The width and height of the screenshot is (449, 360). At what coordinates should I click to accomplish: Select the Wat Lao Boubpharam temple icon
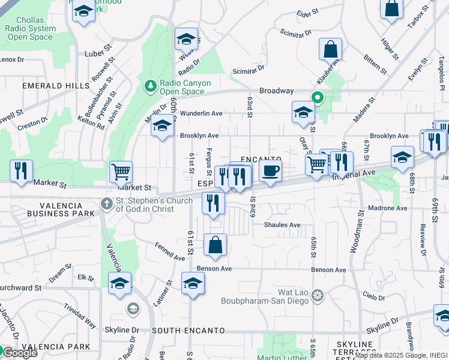click(x=318, y=295)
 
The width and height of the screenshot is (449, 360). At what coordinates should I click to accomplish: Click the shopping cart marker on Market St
click(x=121, y=172)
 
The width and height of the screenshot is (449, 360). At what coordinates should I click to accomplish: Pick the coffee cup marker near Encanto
click(x=270, y=170)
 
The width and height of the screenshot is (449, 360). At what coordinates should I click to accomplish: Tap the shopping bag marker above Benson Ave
click(x=214, y=245)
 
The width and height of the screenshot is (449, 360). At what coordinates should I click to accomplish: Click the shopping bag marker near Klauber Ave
click(x=330, y=50)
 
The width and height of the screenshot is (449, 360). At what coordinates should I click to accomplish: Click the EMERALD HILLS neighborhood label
click(x=55, y=86)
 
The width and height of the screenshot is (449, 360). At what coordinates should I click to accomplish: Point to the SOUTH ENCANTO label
click(x=188, y=331)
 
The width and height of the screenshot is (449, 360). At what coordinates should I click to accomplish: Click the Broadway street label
click(x=276, y=91)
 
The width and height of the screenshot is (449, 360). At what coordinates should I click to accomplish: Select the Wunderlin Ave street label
click(x=201, y=113)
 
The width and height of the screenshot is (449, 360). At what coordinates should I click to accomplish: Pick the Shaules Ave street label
click(x=282, y=225)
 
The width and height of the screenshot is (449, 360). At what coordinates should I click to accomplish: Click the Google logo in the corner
click(x=19, y=353)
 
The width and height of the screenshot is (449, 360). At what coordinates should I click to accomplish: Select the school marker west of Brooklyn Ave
click(x=161, y=127)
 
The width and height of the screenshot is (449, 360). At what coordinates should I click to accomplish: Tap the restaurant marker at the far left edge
click(x=22, y=170)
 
